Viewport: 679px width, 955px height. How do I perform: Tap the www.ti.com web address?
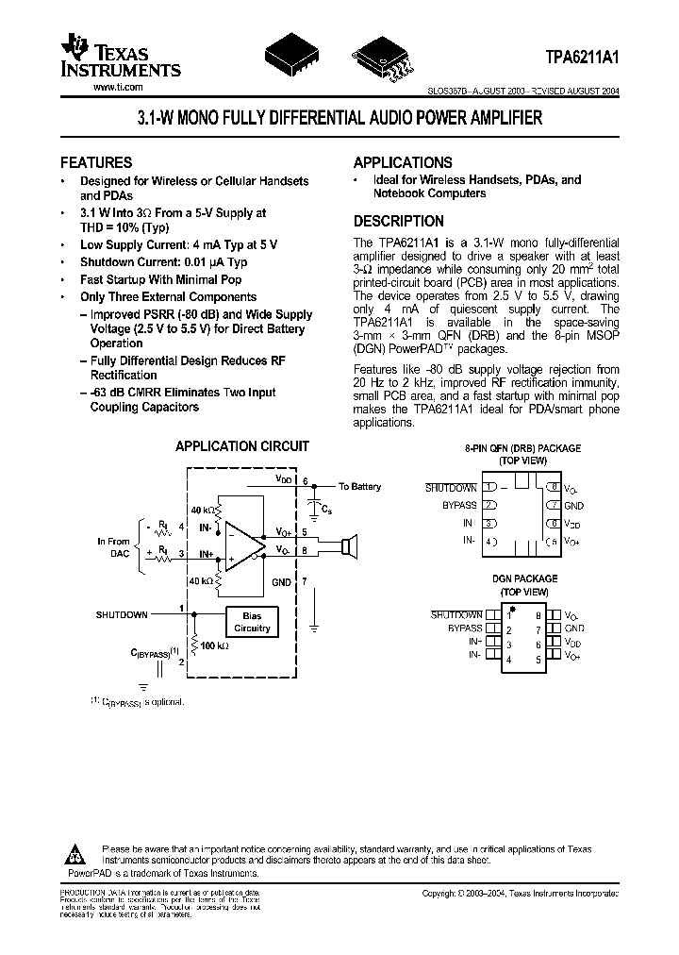[x=118, y=87]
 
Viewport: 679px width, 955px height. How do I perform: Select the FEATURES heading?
[x=96, y=162]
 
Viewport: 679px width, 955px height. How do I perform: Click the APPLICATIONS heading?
[x=403, y=162]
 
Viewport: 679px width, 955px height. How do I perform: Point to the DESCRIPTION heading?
[x=398, y=222]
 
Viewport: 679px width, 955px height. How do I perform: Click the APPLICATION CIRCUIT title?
[x=242, y=446]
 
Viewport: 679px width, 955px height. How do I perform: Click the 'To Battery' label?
[x=359, y=487]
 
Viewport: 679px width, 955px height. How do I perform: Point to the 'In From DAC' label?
[x=113, y=547]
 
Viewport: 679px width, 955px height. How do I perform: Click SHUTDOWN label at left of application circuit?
[x=121, y=614]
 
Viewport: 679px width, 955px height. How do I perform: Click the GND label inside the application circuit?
[x=281, y=583]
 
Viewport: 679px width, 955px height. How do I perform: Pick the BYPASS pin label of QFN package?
[x=455, y=505]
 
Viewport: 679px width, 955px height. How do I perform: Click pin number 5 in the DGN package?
[x=538, y=660]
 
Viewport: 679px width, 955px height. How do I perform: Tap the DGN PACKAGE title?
[x=523, y=578]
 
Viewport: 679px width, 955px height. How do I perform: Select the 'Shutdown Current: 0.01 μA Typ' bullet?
[x=163, y=262]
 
